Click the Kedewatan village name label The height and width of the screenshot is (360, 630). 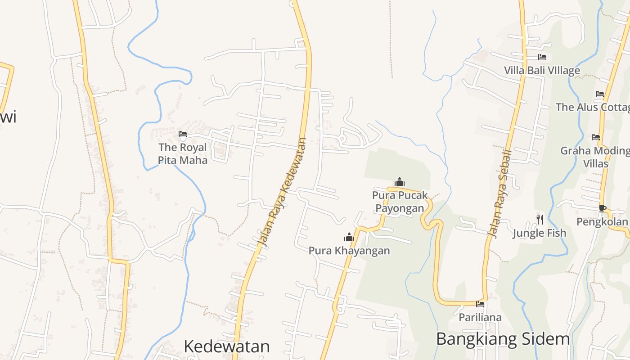227,346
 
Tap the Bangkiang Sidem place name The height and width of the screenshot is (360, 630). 503,339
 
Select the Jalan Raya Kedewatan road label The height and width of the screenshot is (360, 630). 282,192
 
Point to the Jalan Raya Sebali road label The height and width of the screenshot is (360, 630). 500,194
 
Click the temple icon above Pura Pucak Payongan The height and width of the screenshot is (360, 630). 399,182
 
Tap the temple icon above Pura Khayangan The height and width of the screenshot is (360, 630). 349,237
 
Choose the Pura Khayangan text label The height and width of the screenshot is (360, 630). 349,250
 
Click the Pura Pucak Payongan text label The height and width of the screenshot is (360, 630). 400,202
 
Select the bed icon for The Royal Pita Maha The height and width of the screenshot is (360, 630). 183,134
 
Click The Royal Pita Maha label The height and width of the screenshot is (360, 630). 183,153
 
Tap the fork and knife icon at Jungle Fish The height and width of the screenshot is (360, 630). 540,220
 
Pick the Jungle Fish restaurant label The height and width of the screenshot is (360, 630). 540,233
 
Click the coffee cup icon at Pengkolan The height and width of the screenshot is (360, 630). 602,208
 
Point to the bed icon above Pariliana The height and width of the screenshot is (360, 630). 480,304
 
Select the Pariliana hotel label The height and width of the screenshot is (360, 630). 480,317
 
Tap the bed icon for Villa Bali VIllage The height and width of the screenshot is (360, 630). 542,57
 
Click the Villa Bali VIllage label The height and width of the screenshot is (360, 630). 542,70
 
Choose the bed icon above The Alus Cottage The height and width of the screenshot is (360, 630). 600,94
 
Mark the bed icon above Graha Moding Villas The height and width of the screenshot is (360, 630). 596,137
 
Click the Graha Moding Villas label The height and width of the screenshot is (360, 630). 595,157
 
